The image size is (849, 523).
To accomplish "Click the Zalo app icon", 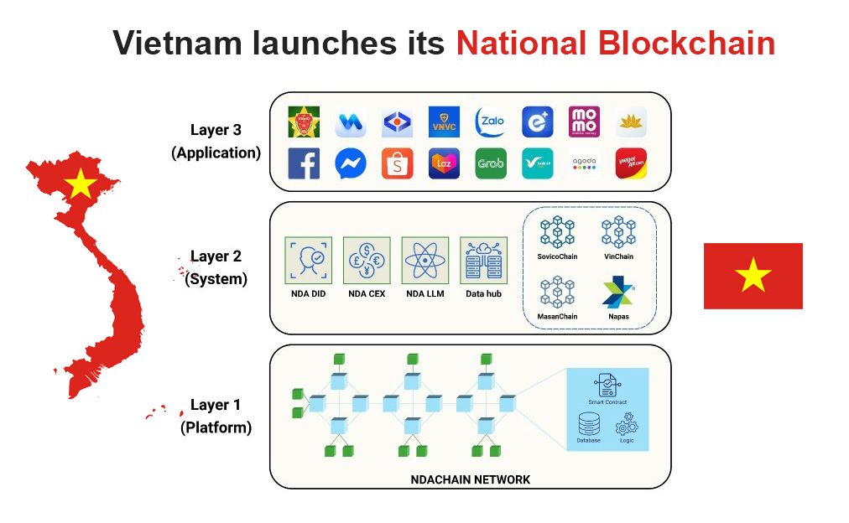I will click(491, 122).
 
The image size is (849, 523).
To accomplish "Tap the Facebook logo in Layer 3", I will click(304, 163).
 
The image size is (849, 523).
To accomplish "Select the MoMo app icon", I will click(584, 122).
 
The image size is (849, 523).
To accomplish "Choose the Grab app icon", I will click(491, 163).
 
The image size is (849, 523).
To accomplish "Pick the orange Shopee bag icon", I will click(398, 163).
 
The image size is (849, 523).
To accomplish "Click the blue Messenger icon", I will click(351, 163).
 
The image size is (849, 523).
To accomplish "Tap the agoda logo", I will click(584, 163).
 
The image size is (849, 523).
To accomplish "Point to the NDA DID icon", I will click(308, 261).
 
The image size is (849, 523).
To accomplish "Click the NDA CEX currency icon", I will click(367, 261).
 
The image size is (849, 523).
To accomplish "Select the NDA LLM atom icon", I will click(425, 261).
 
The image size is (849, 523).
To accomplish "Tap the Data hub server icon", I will click(484, 261).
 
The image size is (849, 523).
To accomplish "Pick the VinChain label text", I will click(619, 256).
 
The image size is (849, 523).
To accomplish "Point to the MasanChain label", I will click(557, 317).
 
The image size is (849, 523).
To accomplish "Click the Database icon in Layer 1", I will click(589, 425).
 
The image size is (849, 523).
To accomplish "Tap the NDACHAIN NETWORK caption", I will click(471, 479).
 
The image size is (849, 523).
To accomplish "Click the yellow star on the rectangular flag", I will click(753, 275).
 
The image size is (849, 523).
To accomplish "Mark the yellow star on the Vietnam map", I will click(81, 183).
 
